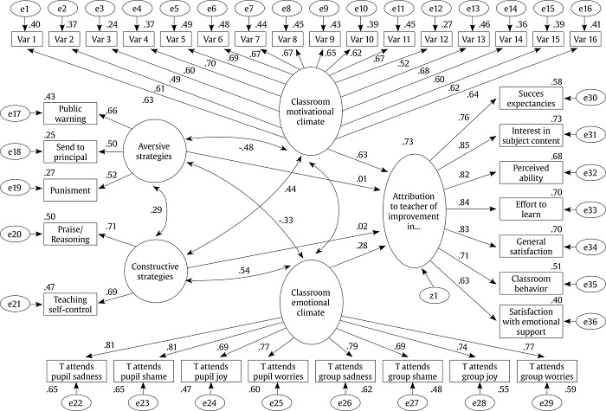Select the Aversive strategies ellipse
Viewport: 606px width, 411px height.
pyautogui.click(x=156, y=151)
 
